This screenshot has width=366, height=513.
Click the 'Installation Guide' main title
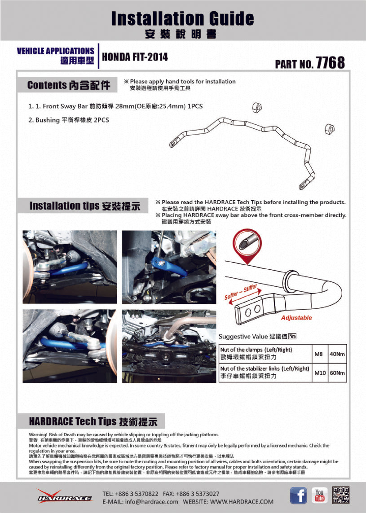[x=182, y=18]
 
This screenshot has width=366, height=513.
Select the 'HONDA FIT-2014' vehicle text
[x=135, y=57]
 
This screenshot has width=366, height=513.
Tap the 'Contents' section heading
[x=68, y=85]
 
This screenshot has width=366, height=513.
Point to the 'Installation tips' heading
[x=84, y=206]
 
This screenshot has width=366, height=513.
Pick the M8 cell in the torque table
[x=318, y=354]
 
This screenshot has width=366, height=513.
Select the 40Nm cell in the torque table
[x=337, y=354]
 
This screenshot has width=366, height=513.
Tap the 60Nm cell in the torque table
[x=337, y=373]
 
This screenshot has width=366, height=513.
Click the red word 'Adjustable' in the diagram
[x=296, y=318]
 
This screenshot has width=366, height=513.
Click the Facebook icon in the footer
[x=298, y=495]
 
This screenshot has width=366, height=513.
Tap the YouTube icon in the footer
[x=319, y=495]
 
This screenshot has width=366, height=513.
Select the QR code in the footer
[x=341, y=495]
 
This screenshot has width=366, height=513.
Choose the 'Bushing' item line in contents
[x=69, y=120]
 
